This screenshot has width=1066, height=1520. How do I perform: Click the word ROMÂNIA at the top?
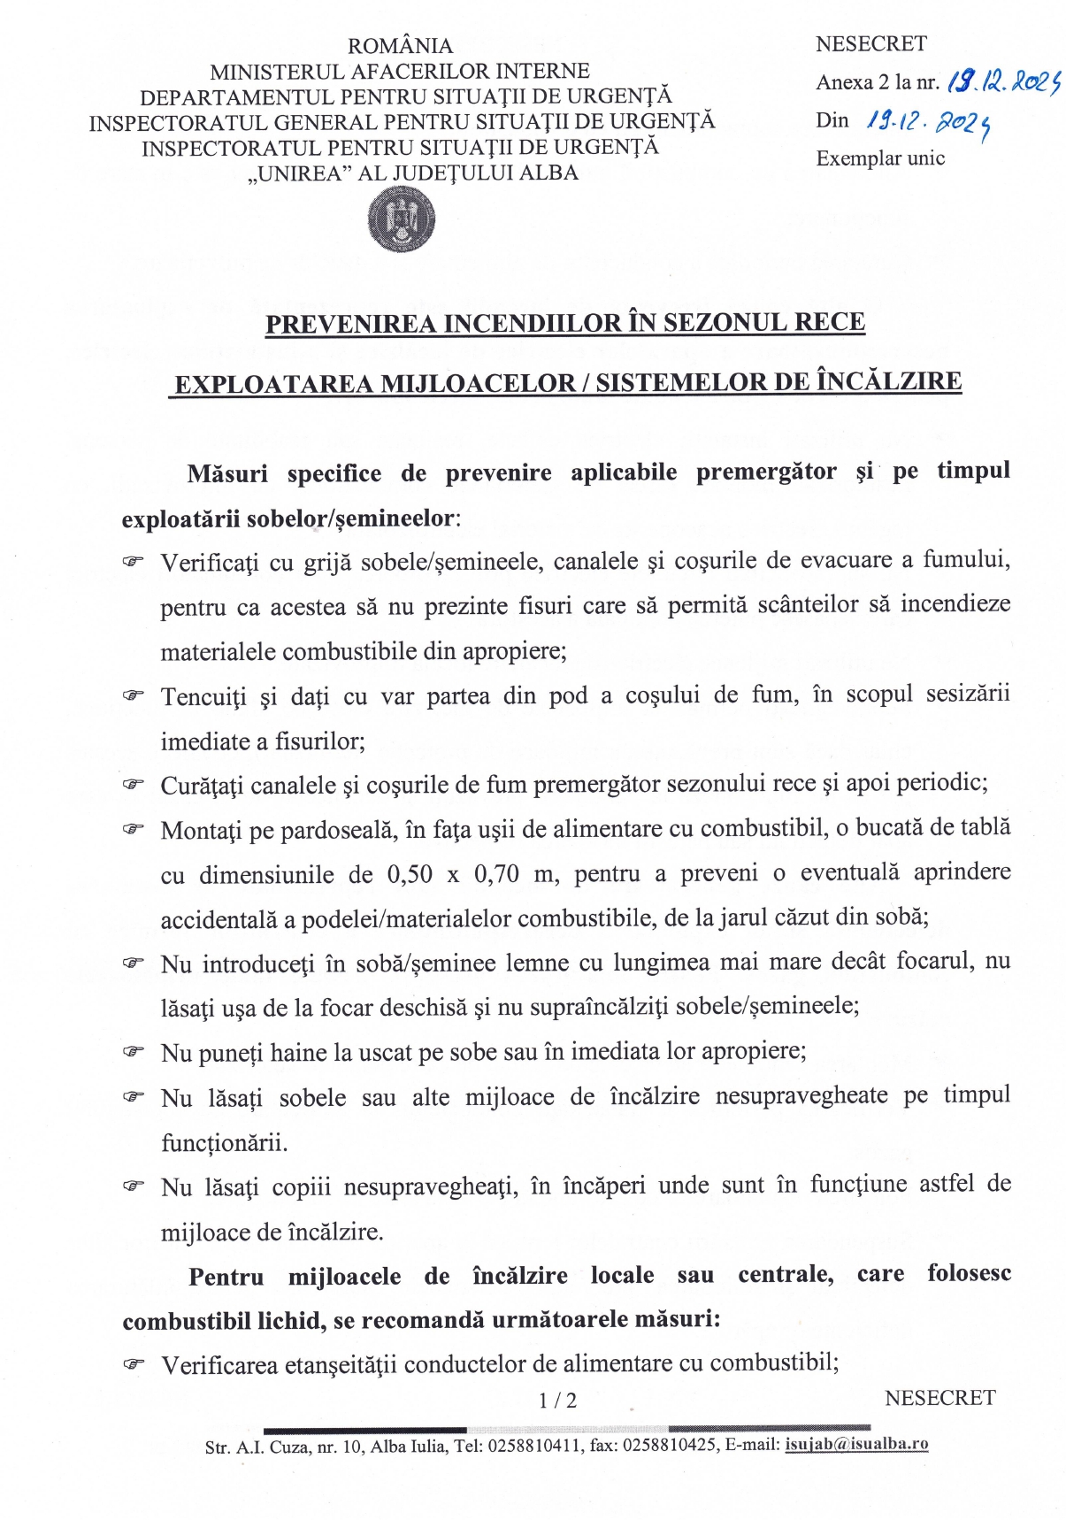coord(400,46)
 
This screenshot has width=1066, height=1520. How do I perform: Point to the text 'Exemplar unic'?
coord(880,158)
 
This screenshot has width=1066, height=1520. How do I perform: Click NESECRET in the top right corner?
coord(870,43)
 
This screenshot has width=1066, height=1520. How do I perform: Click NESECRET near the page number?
coord(939,1398)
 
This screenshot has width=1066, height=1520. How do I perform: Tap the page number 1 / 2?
coord(557,1401)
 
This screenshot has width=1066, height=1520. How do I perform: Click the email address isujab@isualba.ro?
coord(856,1444)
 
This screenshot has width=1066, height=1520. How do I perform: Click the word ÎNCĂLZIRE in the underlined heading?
coord(888,382)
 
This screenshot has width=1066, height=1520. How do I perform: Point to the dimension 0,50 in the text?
coord(410,874)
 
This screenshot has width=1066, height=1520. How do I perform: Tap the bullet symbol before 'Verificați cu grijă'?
coord(133,561)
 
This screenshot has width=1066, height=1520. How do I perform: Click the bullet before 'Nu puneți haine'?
coord(133,1051)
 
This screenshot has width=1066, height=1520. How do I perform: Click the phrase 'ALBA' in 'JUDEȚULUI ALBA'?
coord(549,173)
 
